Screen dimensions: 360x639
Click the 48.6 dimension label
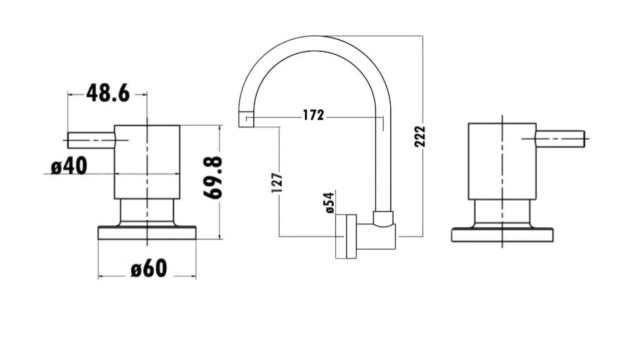tap(107, 94)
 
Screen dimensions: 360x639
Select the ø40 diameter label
tap(69, 166)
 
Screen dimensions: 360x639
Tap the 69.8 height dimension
tap(213, 178)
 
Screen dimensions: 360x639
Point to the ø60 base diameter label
tap(149, 269)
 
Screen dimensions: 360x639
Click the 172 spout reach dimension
tap(313, 115)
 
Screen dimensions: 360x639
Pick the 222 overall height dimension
tap(420, 136)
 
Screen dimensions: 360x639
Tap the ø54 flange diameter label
tap(329, 202)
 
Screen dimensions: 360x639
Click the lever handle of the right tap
tap(560, 139)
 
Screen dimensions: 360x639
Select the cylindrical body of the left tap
tap(147, 162)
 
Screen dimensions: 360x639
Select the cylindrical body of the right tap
tap(502, 161)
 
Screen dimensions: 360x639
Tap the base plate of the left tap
tap(147, 233)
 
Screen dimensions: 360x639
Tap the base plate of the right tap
tap(502, 235)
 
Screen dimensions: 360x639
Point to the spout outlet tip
tap(246, 119)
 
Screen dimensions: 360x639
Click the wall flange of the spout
tap(351, 236)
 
